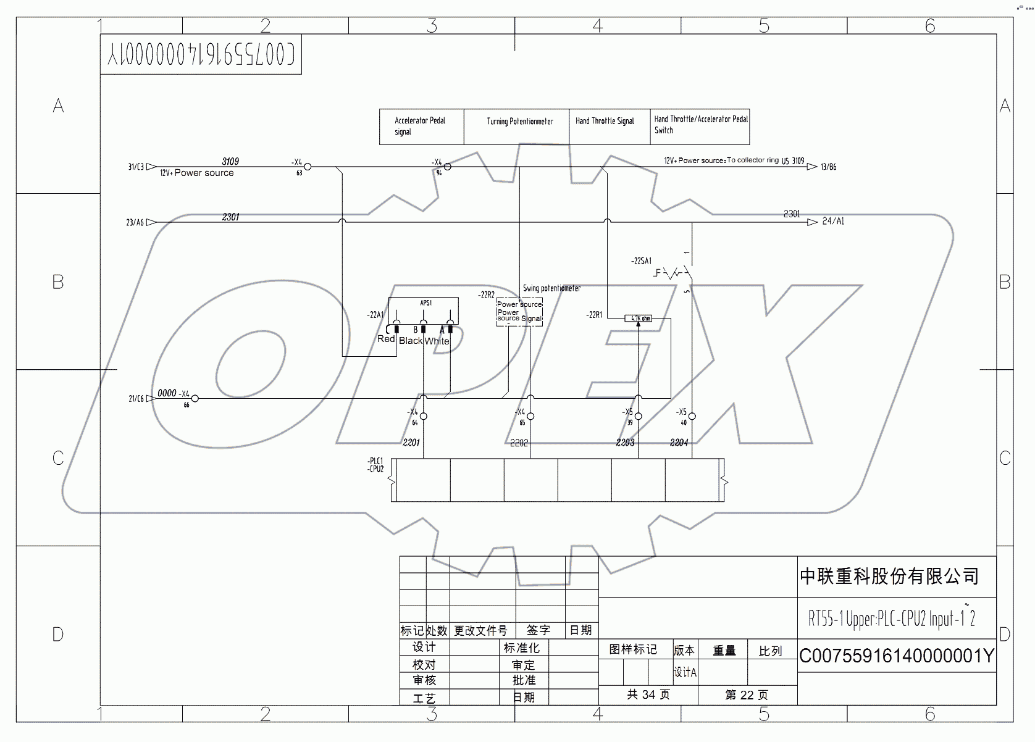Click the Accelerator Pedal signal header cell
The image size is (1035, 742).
click(x=421, y=126)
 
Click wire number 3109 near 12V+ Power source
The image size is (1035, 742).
click(x=230, y=161)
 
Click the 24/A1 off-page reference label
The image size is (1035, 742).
click(x=833, y=221)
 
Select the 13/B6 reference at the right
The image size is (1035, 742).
click(x=829, y=167)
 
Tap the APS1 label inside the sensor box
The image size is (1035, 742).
click(x=425, y=303)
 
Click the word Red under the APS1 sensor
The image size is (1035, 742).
click(x=385, y=339)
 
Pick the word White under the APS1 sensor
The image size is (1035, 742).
click(x=437, y=341)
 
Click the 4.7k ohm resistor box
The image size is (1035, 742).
click(x=639, y=319)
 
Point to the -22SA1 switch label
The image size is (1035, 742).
click(x=642, y=261)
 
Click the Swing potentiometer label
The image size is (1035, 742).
click(x=551, y=288)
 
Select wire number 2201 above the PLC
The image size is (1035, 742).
click(x=411, y=443)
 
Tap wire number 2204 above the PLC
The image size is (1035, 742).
click(x=679, y=443)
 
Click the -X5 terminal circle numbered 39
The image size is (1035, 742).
click(x=639, y=416)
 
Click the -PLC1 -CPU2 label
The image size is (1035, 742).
click(x=375, y=465)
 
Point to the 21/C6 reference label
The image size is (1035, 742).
click(x=136, y=399)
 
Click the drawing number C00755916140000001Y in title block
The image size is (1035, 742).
click(x=896, y=656)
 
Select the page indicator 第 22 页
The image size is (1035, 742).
click(x=747, y=695)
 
